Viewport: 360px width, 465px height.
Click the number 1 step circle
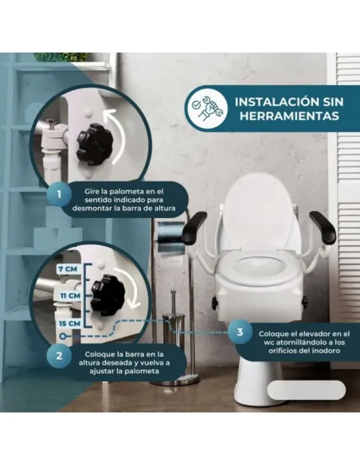click(58, 193)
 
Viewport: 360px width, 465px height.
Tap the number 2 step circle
click(59, 356)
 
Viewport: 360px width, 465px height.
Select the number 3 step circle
click(238, 331)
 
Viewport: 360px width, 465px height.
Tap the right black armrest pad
click(322, 226)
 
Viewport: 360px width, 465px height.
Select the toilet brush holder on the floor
click(174, 350)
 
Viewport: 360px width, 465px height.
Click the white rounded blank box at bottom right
click(306, 391)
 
